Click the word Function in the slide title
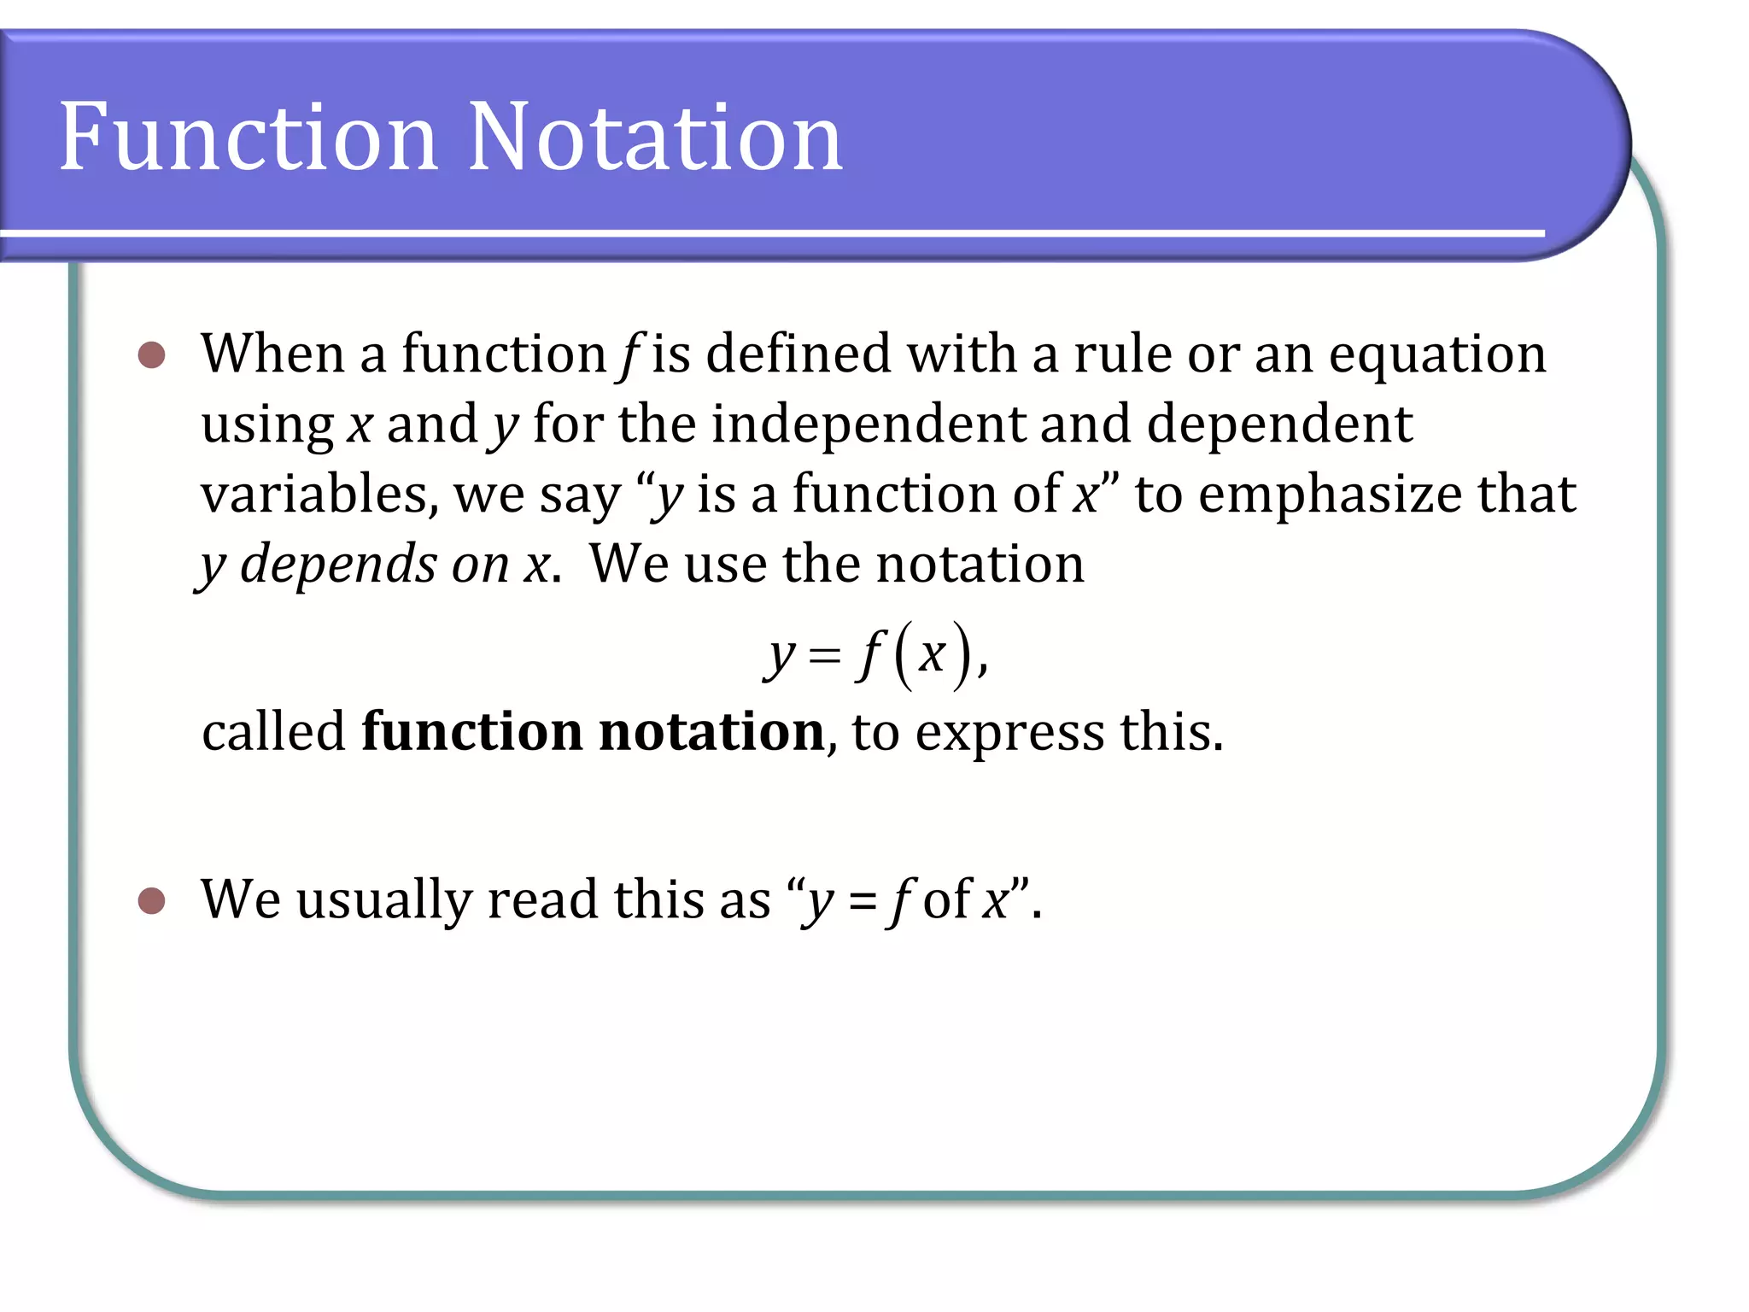[248, 137]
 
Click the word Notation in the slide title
[655, 137]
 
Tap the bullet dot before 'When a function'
[151, 354]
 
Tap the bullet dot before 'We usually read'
[151, 900]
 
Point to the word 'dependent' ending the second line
[1278, 425]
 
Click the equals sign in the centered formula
[824, 656]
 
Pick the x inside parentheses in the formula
[932, 656]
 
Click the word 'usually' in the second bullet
[383, 900]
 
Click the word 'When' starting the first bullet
[272, 354]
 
